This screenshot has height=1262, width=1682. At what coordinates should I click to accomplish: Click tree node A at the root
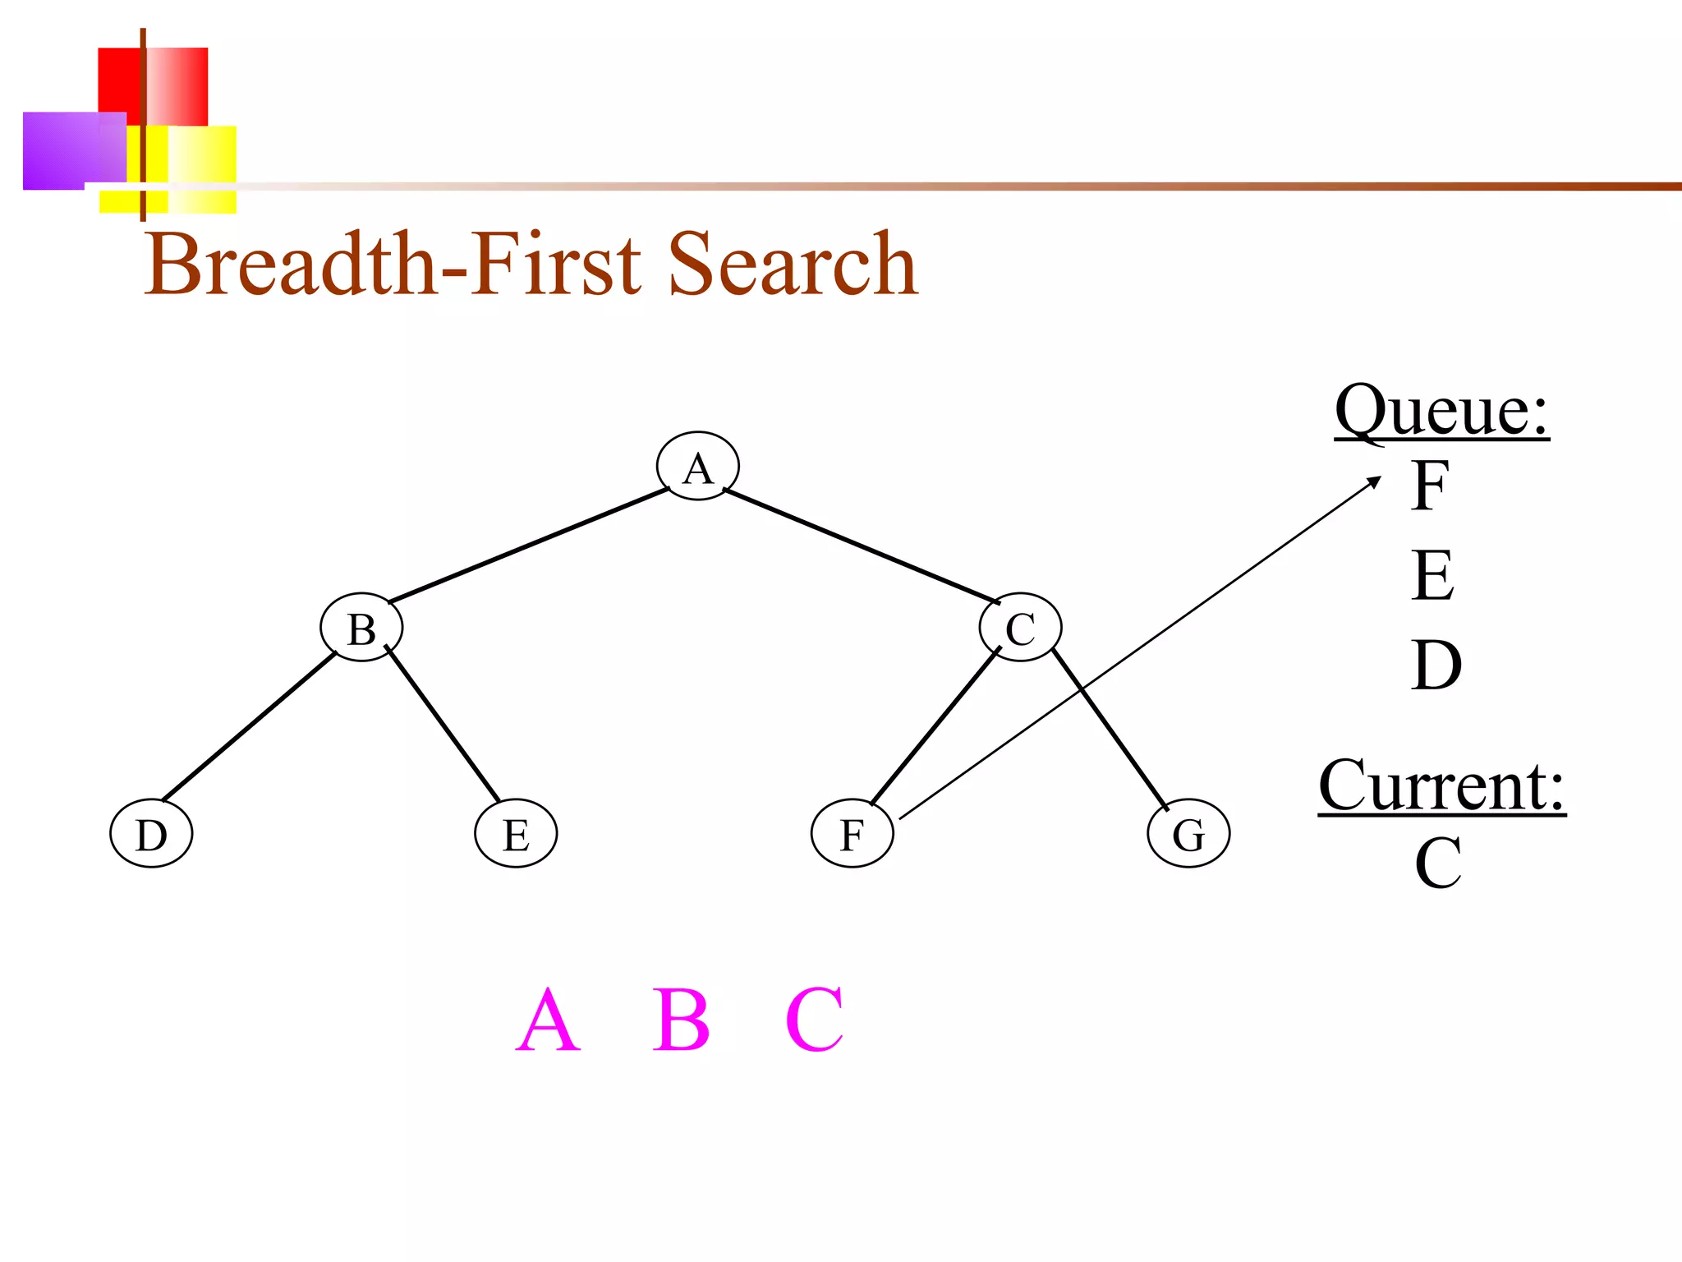tap(697, 466)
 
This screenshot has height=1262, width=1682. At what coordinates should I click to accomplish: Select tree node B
tap(361, 628)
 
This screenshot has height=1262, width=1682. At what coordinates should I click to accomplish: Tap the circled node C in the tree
tap(1020, 628)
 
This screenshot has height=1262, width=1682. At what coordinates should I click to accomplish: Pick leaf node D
tap(151, 833)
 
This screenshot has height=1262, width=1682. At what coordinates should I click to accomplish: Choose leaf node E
tap(516, 833)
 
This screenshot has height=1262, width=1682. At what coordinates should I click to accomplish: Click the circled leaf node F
tap(852, 833)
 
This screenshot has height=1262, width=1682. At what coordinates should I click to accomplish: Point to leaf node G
tap(1188, 833)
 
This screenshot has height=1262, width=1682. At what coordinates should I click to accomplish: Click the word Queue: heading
tap(1441, 411)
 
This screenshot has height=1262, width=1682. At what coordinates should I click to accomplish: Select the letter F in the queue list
tap(1430, 486)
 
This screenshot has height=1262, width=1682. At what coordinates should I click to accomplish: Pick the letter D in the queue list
tap(1436, 665)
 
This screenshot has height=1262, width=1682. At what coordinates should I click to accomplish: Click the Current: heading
tap(1441, 786)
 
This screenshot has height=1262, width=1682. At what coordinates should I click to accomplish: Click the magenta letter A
tap(548, 1020)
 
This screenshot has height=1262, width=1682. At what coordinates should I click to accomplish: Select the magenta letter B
tap(681, 1020)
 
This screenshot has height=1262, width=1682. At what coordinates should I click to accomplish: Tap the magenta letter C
tap(814, 1020)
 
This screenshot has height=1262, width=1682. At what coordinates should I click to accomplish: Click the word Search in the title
tap(793, 265)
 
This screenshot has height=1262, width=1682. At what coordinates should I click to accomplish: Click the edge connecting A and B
tap(528, 546)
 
